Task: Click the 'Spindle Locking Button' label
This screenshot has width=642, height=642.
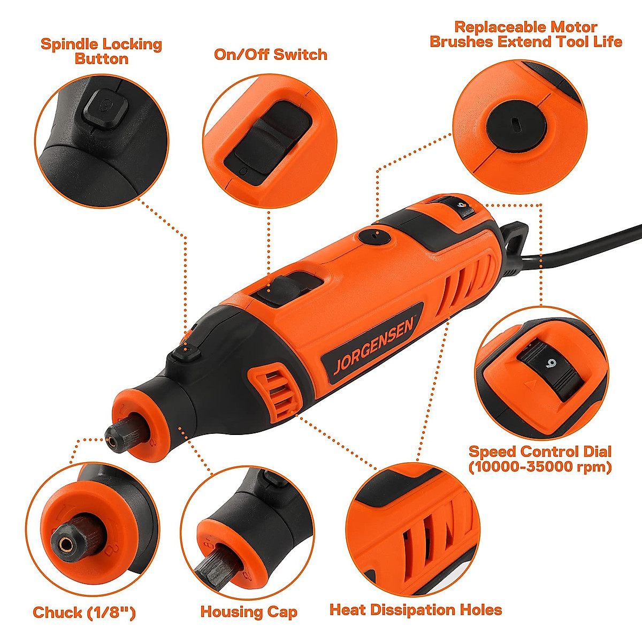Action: click(x=101, y=51)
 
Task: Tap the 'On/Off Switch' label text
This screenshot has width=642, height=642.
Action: click(x=270, y=55)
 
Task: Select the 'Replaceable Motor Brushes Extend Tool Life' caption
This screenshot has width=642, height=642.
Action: click(x=526, y=34)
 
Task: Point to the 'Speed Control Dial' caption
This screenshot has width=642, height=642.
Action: click(x=540, y=458)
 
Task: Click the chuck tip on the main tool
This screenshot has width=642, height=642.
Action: click(x=112, y=441)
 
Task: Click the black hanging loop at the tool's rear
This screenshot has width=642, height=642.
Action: click(x=514, y=235)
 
